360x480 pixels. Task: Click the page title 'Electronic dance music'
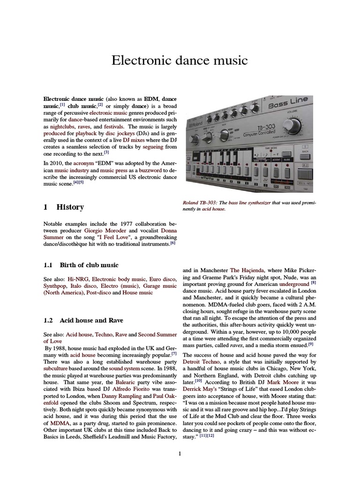tap(180, 60)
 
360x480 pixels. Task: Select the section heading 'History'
tap(70, 207)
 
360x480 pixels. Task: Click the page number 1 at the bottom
tap(180, 454)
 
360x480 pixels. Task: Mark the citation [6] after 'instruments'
tap(172, 243)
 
